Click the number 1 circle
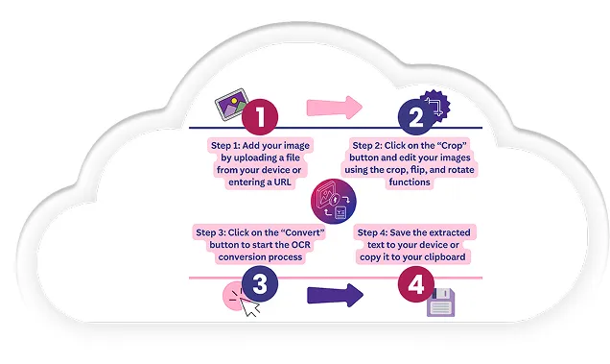[x=261, y=118]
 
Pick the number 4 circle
[x=413, y=285]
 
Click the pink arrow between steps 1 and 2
[x=334, y=107]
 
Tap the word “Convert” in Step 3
[x=309, y=232]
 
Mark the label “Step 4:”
[x=375, y=233]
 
